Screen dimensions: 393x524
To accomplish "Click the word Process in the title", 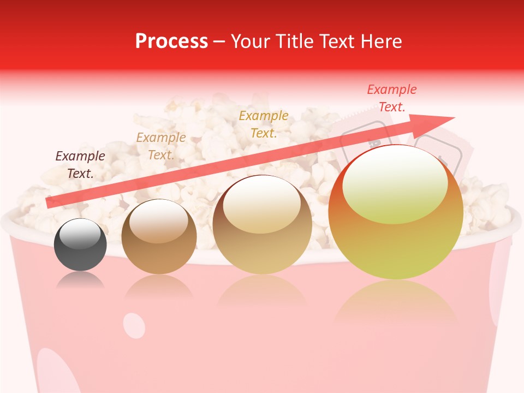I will (171, 41).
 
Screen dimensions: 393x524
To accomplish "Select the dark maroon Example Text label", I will (80, 164).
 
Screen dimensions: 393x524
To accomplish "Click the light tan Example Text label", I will (160, 146).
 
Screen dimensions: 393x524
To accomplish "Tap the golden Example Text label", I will (264, 124).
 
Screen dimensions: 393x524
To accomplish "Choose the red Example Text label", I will (391, 98).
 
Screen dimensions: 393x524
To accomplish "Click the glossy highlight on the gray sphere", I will (80, 235).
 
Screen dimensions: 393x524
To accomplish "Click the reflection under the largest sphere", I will (396, 300).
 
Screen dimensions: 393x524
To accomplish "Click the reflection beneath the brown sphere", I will (159, 287).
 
